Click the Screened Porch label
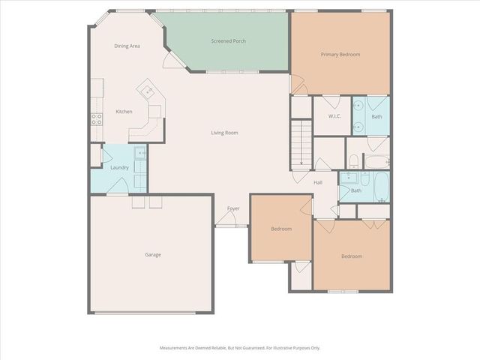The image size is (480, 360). click(228, 41)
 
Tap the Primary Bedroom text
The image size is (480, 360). click(340, 55)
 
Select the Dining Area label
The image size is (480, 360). click(127, 46)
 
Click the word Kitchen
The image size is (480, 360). click(124, 112)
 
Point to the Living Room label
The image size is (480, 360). click(224, 133)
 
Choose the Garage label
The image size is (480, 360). click(153, 254)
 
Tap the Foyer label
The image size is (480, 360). click(233, 208)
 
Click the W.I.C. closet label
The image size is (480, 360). click(335, 116)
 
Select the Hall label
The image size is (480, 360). click(317, 182)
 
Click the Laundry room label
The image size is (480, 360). click(119, 167)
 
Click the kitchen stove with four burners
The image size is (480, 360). click(96, 117)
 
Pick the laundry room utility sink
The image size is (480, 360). click(140, 153)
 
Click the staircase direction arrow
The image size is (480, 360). click(301, 154)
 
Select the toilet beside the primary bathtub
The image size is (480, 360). click(352, 159)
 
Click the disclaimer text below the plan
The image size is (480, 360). click(239, 348)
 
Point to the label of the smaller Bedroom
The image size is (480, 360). click(280, 229)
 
